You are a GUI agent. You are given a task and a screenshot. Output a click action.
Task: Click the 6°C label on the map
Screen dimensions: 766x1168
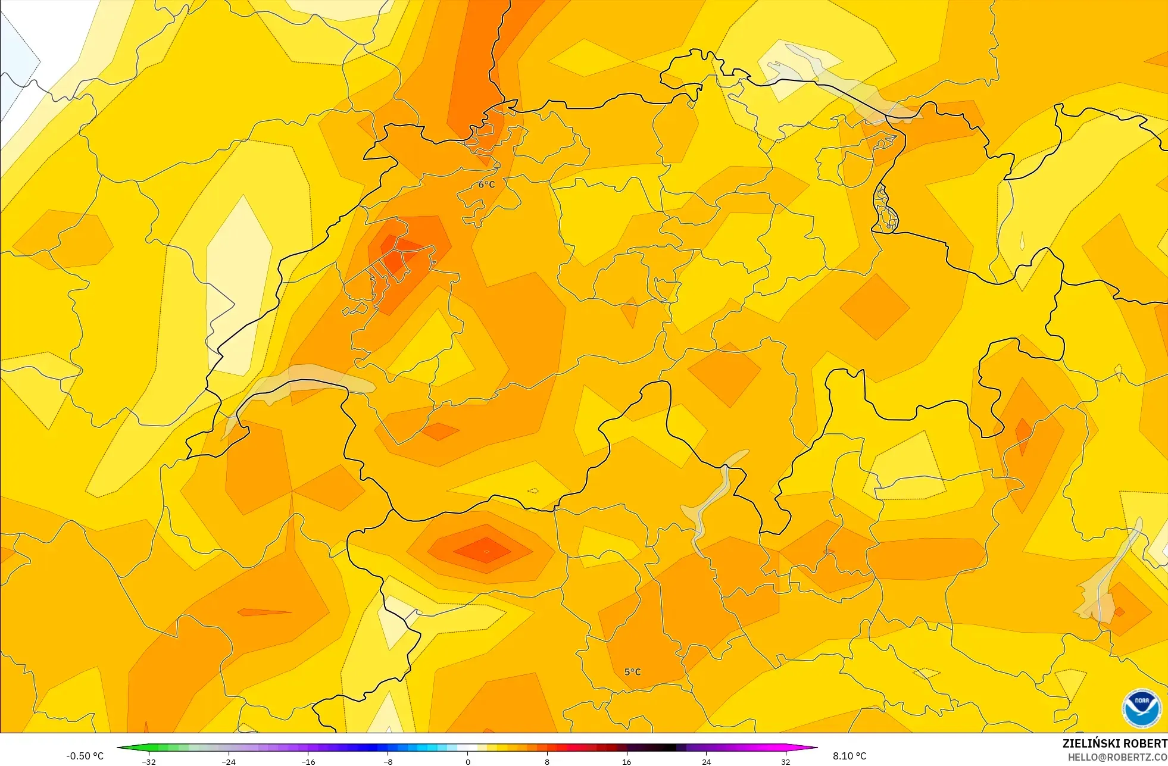click(x=486, y=185)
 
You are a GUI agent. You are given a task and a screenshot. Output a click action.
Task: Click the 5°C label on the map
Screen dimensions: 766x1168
click(x=632, y=672)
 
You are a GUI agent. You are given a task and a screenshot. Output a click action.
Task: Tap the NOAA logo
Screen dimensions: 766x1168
click(x=1141, y=708)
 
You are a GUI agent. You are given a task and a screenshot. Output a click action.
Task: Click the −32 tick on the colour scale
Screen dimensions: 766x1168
click(x=149, y=761)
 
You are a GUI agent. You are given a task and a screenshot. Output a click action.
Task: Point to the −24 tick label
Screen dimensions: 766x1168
click(x=229, y=761)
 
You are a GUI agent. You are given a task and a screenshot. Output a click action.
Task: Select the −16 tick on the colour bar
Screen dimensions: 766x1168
click(x=308, y=761)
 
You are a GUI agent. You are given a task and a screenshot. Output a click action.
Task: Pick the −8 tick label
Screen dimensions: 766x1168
click(x=388, y=761)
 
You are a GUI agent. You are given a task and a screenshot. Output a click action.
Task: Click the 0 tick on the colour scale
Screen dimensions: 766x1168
click(x=468, y=761)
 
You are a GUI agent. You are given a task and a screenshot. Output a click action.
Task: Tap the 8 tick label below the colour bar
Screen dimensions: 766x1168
click(x=547, y=761)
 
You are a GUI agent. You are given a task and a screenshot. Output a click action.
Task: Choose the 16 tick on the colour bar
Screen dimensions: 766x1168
click(x=626, y=761)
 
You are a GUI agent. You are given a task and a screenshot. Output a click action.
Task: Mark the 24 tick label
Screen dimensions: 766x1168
click(x=706, y=761)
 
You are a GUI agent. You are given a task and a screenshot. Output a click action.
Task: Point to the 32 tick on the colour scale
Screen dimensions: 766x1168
click(x=786, y=761)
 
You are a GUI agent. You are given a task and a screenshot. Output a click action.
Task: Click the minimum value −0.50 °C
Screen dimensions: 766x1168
click(x=85, y=756)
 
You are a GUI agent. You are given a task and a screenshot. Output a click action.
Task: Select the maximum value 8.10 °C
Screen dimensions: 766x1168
click(x=850, y=756)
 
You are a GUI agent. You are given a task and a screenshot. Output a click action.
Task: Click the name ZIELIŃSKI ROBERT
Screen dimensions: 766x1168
click(x=1114, y=743)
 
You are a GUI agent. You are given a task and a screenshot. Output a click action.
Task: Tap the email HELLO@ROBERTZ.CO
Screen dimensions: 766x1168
click(x=1117, y=758)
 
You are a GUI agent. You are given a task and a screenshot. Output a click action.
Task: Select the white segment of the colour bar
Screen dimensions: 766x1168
click(x=468, y=748)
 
